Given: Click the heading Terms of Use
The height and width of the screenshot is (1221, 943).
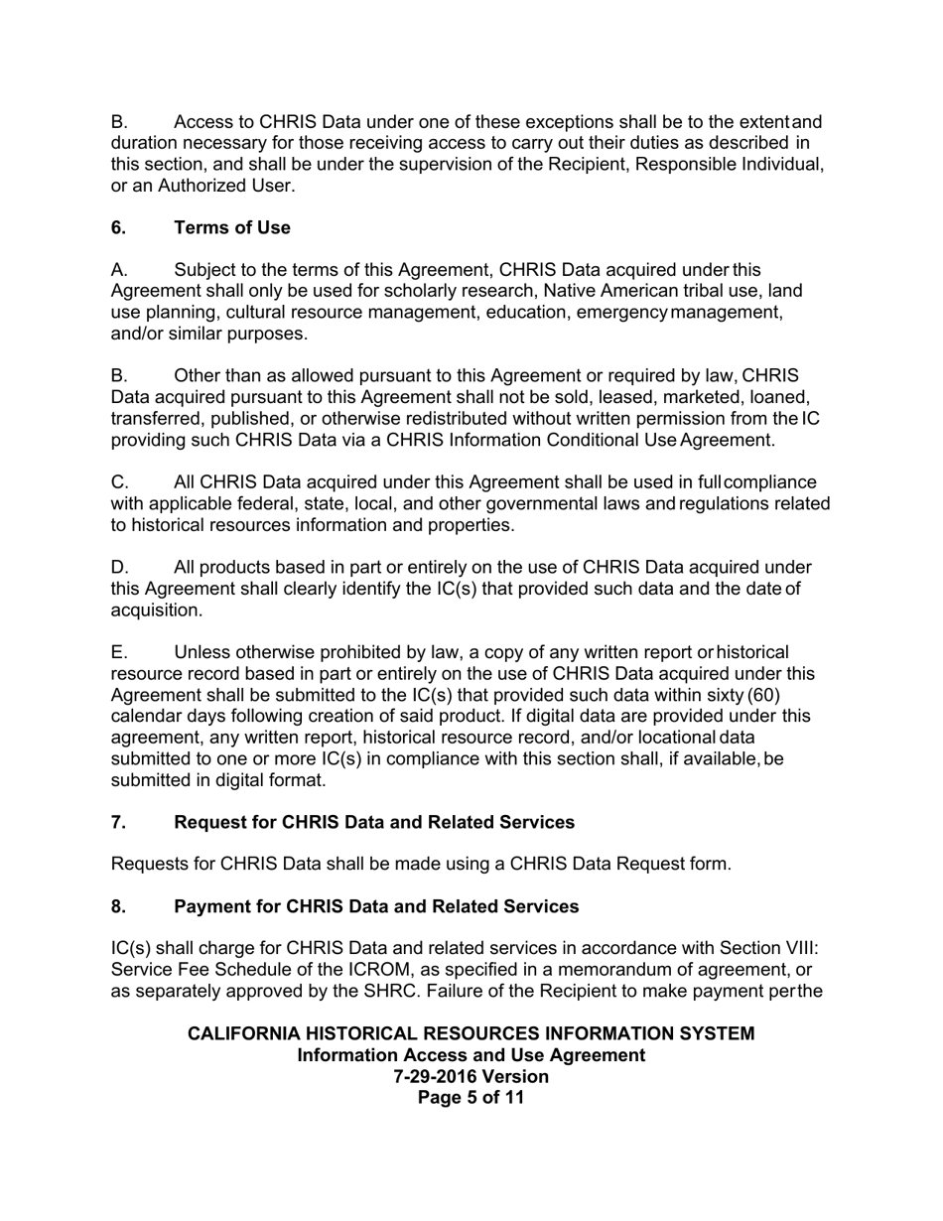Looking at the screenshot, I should click(232, 227).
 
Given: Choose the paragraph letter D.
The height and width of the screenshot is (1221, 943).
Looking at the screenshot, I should click(118, 568).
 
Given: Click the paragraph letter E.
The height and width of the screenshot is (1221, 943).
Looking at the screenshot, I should click(118, 652).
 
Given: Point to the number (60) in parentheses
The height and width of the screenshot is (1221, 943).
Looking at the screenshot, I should click(788, 695).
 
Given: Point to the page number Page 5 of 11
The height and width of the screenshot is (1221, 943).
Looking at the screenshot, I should click(471, 1098).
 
